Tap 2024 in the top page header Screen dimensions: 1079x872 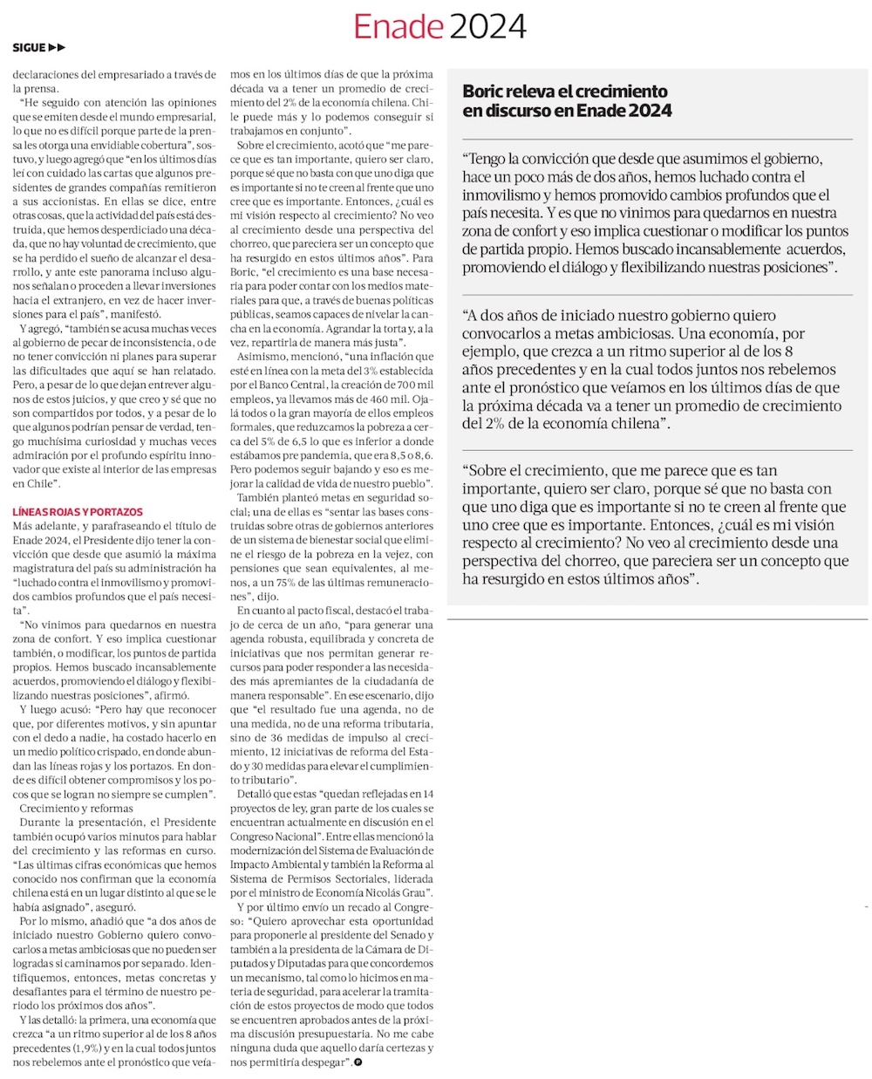485,27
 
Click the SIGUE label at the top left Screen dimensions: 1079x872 29,48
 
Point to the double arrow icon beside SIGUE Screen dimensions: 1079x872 57,48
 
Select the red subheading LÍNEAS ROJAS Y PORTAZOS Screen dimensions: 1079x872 78,512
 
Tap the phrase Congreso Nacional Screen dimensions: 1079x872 264,836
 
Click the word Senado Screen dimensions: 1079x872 410,934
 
